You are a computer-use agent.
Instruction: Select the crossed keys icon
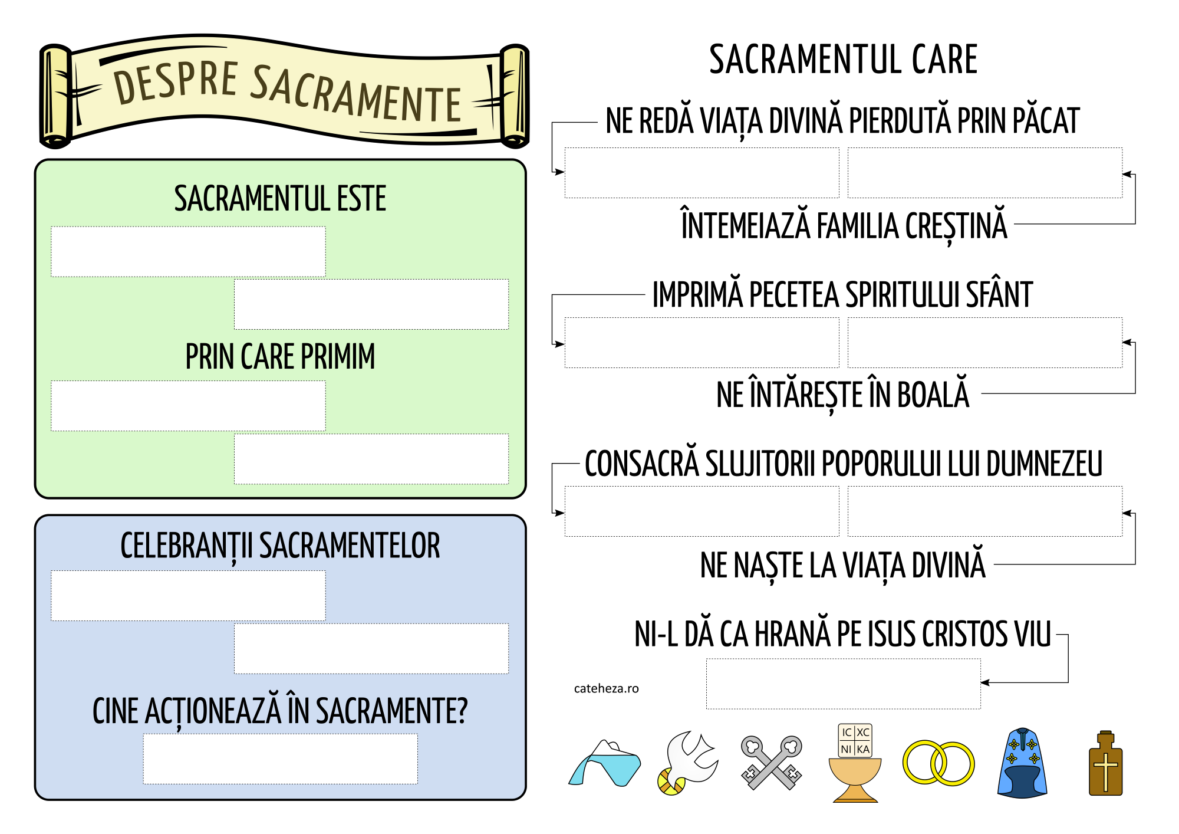click(x=772, y=763)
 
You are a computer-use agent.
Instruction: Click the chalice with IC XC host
click(x=855, y=764)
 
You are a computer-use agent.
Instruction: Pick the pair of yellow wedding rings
click(x=938, y=763)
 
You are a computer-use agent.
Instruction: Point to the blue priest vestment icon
click(x=1022, y=763)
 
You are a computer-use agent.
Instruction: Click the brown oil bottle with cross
click(x=1105, y=764)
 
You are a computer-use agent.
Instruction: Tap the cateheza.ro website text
click(x=606, y=688)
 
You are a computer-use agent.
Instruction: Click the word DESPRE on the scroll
click(x=176, y=83)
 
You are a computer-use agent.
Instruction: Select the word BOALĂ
click(x=933, y=395)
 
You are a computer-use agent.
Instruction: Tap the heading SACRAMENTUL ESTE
click(x=280, y=199)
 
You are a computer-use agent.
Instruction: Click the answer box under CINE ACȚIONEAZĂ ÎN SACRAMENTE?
click(x=280, y=759)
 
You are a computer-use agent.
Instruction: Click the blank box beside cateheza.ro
click(x=843, y=684)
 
